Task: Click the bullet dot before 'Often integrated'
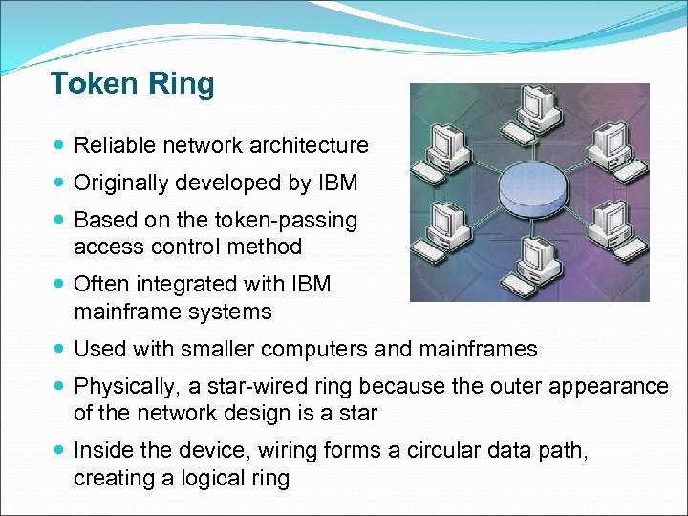pyautogui.click(x=60, y=285)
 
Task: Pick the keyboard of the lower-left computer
pyautogui.click(x=459, y=254)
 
